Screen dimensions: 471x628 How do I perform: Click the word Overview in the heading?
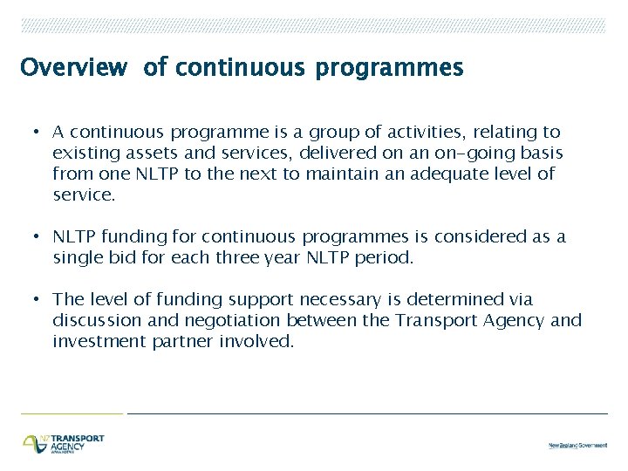tap(74, 68)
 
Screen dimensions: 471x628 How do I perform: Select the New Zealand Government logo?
tap(577, 446)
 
